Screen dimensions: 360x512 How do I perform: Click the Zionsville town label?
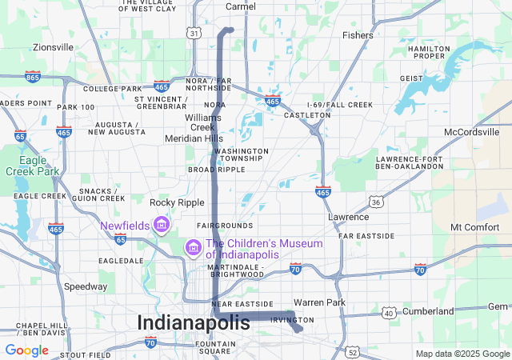point(53,47)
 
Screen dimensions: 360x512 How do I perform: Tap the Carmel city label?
point(240,6)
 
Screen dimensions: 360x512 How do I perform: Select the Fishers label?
point(358,35)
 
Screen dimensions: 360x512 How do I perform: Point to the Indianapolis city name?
point(194,322)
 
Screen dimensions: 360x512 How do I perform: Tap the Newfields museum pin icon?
point(162,225)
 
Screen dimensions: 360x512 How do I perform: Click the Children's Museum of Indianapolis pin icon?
point(192,249)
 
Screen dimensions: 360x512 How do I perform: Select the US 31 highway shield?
point(194,33)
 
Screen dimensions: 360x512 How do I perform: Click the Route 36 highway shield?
point(375,202)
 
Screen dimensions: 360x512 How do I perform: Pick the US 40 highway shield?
point(390,312)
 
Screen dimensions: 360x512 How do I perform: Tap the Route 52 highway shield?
point(353,351)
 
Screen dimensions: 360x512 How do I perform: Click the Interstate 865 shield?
point(33,77)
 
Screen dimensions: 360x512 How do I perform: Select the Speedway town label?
point(86,286)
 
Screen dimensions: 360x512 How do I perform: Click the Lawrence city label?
point(348,217)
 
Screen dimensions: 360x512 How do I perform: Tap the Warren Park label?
point(319,302)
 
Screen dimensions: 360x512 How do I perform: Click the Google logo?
point(26,350)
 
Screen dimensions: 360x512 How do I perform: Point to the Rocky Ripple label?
point(178,202)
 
